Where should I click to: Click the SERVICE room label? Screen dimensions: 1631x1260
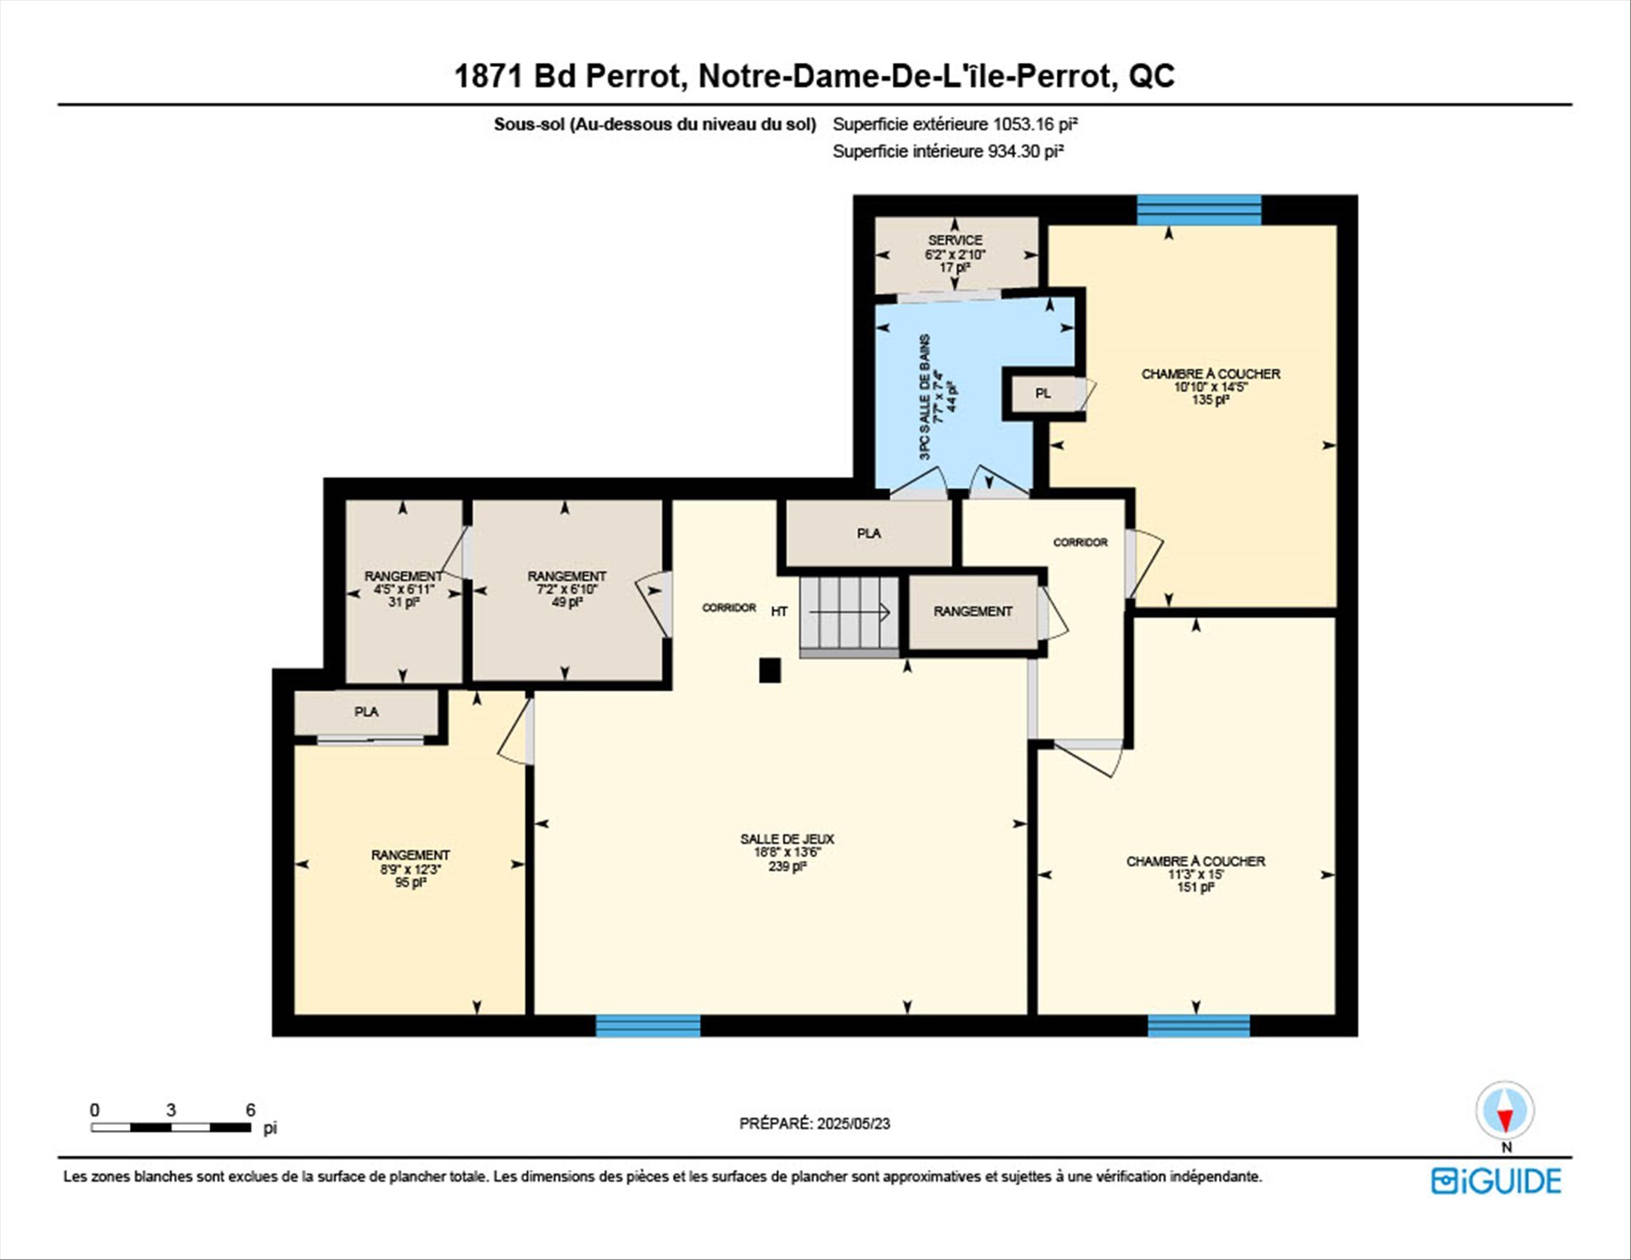pyautogui.click(x=955, y=240)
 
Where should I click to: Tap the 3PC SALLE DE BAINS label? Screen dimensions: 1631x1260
pyautogui.click(x=925, y=397)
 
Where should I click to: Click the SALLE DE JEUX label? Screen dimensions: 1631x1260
pyautogui.click(x=787, y=839)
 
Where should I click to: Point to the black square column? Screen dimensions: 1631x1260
pyautogui.click(x=770, y=670)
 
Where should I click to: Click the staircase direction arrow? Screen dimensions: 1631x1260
pyautogui.click(x=849, y=612)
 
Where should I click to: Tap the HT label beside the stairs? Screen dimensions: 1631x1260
pyautogui.click(x=779, y=611)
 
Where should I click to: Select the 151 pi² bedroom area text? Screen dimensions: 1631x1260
pyautogui.click(x=1195, y=887)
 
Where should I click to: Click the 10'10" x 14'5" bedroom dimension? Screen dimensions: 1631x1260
pyautogui.click(x=1211, y=387)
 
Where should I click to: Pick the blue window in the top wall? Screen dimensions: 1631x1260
pyautogui.click(x=1199, y=210)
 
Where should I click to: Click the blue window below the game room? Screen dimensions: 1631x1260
pyautogui.click(x=648, y=1026)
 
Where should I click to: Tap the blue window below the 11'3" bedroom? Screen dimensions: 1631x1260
pyautogui.click(x=1199, y=1026)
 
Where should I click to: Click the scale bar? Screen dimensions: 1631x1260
pyautogui.click(x=171, y=1127)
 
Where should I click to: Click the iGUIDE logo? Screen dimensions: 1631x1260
pyautogui.click(x=1496, y=1181)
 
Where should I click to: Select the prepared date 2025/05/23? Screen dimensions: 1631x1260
pyautogui.click(x=854, y=1123)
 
